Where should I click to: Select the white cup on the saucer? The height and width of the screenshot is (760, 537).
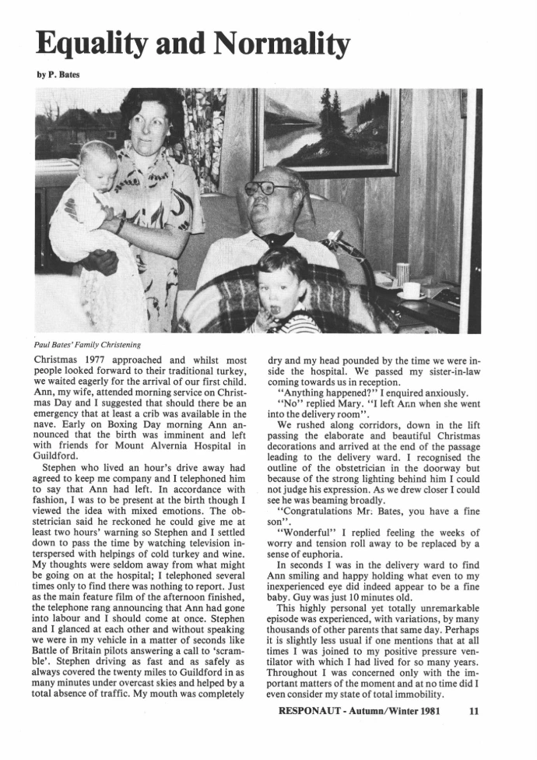412,290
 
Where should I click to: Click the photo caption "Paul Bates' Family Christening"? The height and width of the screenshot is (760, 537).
86,343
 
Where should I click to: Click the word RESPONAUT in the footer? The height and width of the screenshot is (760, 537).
317,710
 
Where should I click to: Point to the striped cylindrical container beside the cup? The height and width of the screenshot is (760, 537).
402,276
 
